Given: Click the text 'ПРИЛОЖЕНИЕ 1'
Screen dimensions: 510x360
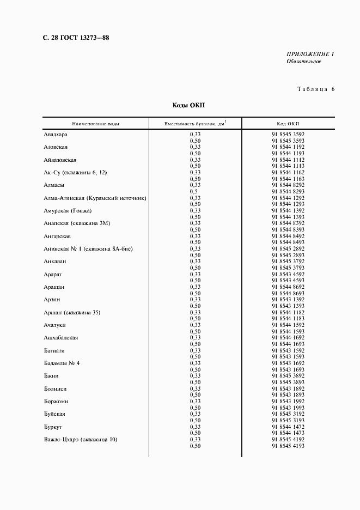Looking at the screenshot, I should [310, 54].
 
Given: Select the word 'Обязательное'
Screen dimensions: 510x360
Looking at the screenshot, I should [304, 62].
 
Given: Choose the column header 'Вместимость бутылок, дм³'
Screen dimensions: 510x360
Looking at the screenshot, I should [195, 124].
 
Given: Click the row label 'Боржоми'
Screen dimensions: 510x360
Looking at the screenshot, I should [56, 401].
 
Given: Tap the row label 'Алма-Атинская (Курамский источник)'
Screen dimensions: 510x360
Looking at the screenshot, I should [95, 198].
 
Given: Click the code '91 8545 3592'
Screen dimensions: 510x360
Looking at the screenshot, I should [288, 134].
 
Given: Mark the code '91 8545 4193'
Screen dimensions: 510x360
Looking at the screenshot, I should [288, 446].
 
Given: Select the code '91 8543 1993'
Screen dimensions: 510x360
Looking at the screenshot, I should [288, 408].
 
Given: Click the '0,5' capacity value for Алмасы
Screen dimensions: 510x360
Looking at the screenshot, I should [193, 191].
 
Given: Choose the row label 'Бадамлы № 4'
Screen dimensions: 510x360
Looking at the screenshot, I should [62, 363].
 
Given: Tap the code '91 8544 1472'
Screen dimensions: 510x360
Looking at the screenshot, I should [288, 427].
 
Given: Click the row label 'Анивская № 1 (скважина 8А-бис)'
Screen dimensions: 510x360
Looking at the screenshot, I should [88, 248].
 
